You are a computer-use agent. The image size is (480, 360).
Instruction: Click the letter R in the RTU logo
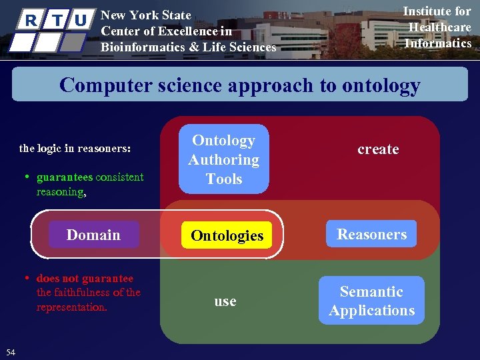(x=29, y=19)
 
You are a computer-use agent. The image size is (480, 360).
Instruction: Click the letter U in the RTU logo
(x=80, y=19)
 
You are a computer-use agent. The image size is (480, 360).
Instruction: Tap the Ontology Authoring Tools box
(x=224, y=159)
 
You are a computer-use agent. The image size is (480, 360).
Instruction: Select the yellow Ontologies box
(x=227, y=235)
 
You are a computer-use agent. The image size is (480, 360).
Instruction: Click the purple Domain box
(x=93, y=235)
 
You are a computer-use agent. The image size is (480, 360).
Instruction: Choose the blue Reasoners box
(x=371, y=234)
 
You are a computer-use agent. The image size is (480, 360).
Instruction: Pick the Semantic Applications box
(x=371, y=301)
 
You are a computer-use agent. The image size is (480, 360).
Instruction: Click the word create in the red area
(x=378, y=149)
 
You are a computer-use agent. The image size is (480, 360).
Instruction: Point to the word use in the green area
(x=225, y=301)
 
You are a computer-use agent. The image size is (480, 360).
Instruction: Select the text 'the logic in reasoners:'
(x=75, y=149)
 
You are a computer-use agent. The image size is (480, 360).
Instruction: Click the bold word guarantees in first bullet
(x=65, y=177)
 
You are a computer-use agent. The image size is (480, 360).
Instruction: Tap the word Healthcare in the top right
(x=439, y=27)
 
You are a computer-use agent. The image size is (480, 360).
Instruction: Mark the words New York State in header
(x=145, y=15)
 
